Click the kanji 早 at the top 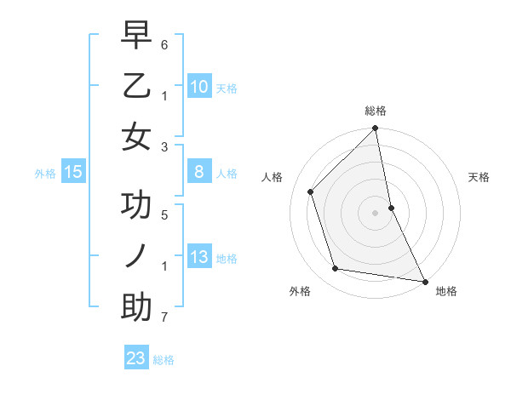tap(136, 37)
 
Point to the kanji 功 tap(136, 207)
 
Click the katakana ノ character tap(136, 256)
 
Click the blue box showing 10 tap(198, 86)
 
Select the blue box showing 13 tap(198, 257)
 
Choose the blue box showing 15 tap(73, 173)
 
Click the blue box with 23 tap(136, 358)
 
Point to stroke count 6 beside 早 tap(164, 42)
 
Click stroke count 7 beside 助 tap(164, 318)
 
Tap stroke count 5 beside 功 tap(164, 214)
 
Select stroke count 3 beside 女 tap(164, 146)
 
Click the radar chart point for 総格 tap(375, 129)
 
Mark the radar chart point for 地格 tap(423, 281)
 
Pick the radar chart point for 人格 tap(311, 191)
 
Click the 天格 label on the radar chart tap(479, 177)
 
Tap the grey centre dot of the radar tap(375, 213)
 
